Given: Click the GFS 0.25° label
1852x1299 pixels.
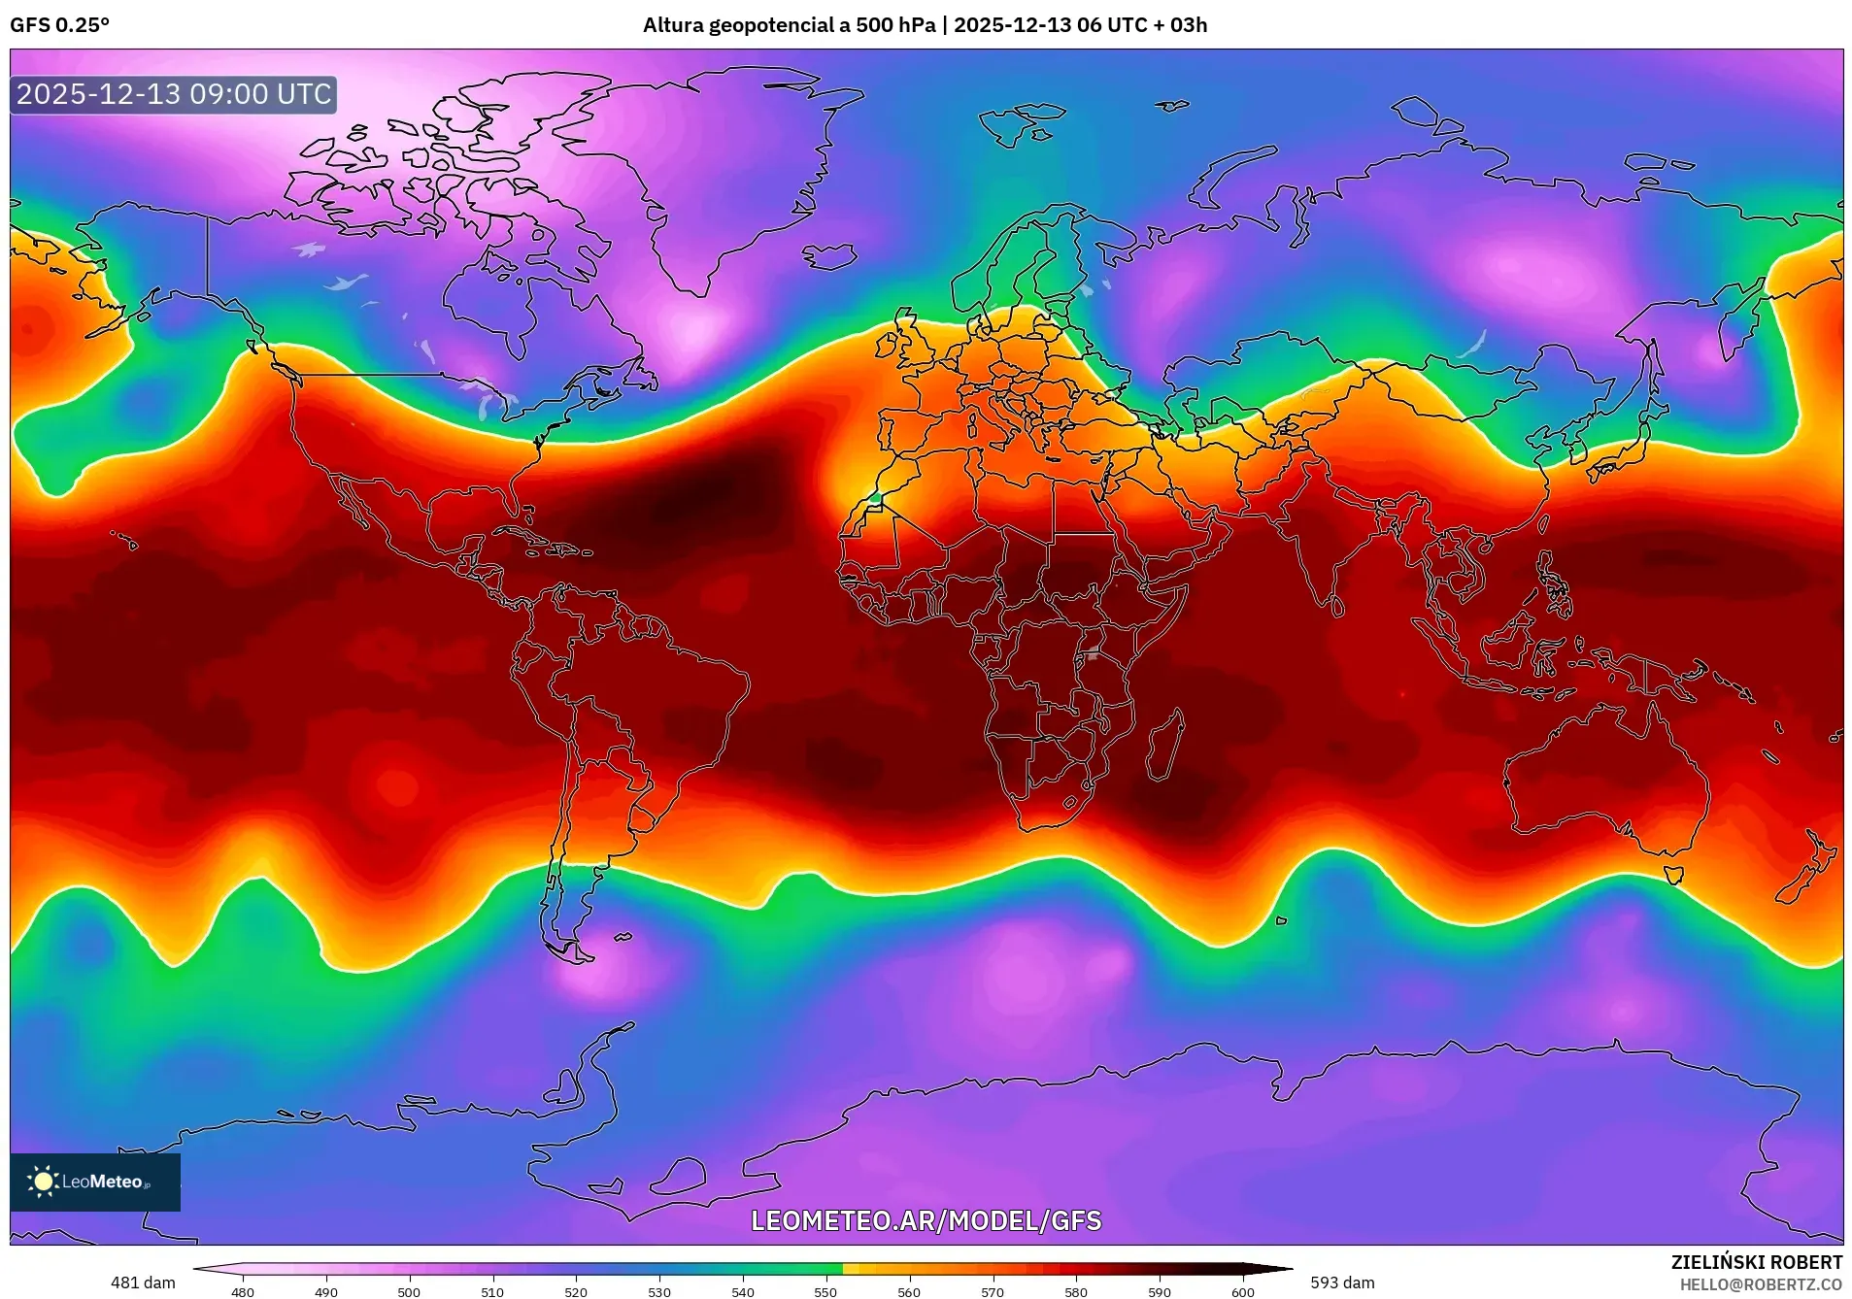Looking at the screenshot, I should (60, 25).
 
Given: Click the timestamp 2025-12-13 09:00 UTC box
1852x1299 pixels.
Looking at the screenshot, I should (174, 94).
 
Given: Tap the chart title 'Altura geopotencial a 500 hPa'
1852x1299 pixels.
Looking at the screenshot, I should (789, 25).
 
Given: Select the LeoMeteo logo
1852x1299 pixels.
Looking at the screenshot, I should (94, 1182).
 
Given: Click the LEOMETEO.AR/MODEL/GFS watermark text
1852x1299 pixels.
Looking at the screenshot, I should (926, 1220).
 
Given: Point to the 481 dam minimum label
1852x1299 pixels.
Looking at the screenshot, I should (143, 1282).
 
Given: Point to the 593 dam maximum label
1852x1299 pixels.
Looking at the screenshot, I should (1342, 1282).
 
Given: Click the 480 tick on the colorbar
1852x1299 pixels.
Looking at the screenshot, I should (243, 1292).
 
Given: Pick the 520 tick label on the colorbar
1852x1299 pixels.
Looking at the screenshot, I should (576, 1292).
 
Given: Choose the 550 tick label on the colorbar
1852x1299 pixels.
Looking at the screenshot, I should (825, 1292).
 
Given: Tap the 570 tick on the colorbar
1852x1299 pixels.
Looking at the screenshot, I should (993, 1292).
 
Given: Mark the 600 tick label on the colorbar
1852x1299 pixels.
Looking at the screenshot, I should (1242, 1292).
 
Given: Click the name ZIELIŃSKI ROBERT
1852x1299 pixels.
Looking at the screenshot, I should (1756, 1262).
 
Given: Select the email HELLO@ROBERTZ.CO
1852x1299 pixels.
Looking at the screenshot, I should (1761, 1284).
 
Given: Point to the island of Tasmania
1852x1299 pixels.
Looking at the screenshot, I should (1673, 874).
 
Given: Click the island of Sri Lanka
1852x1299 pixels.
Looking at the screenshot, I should (1337, 607).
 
